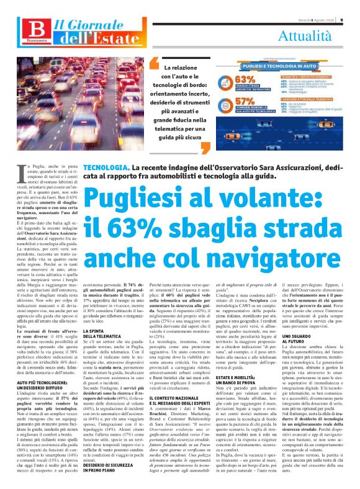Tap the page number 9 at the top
click(x=350, y=5)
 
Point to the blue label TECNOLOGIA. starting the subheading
click(x=107, y=168)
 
